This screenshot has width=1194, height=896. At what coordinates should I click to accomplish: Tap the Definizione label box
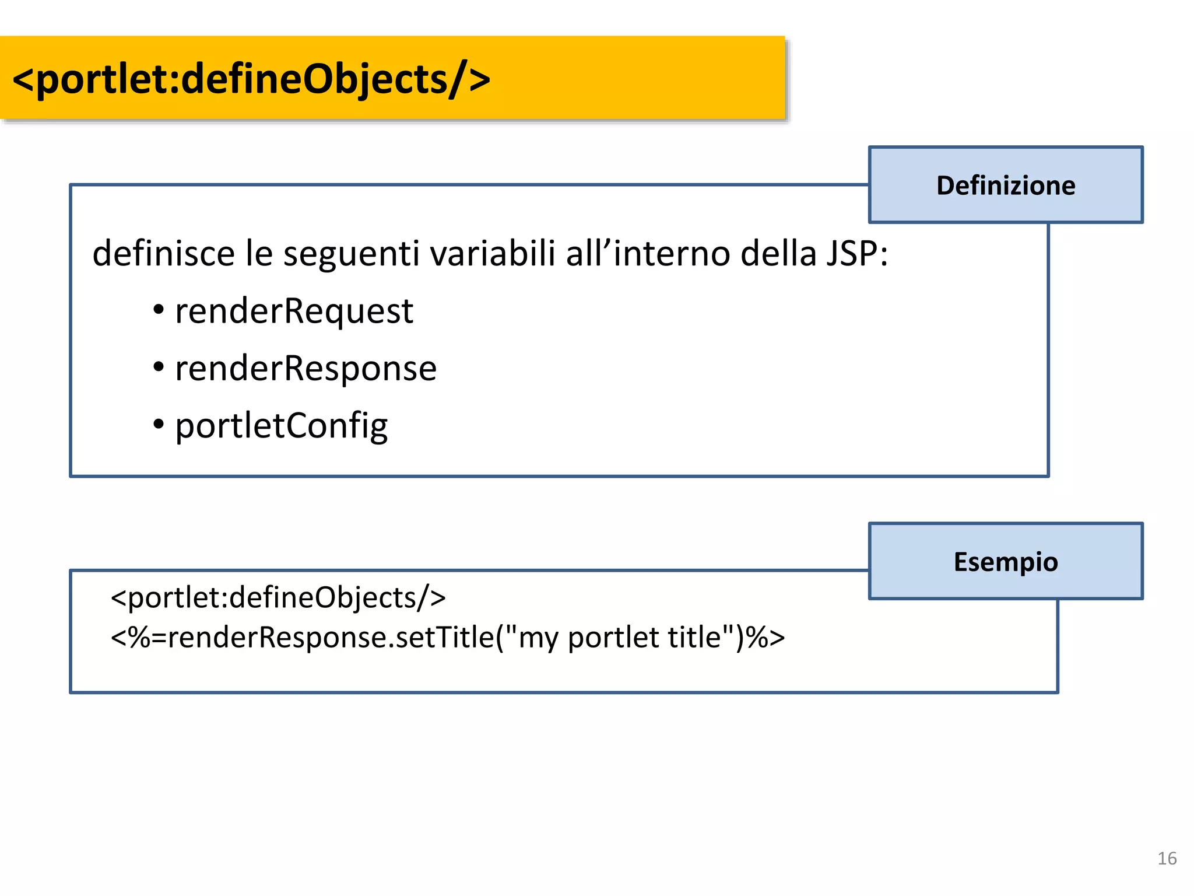pos(1005,185)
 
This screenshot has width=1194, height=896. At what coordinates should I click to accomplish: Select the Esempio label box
pos(1005,561)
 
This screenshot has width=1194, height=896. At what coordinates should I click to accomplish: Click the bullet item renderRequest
pos(294,310)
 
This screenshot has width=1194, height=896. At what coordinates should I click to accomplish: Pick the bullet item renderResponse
pos(305,368)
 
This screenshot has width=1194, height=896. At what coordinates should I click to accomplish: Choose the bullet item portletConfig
pos(281,426)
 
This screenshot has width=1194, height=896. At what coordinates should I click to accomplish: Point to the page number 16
pos(1167,858)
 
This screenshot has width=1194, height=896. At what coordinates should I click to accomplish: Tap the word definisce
pos(163,254)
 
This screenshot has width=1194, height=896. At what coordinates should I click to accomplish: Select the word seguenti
pos(351,254)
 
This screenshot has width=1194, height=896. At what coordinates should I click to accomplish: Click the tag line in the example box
pos(278,598)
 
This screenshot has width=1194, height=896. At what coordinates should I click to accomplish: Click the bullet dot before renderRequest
pos(159,310)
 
